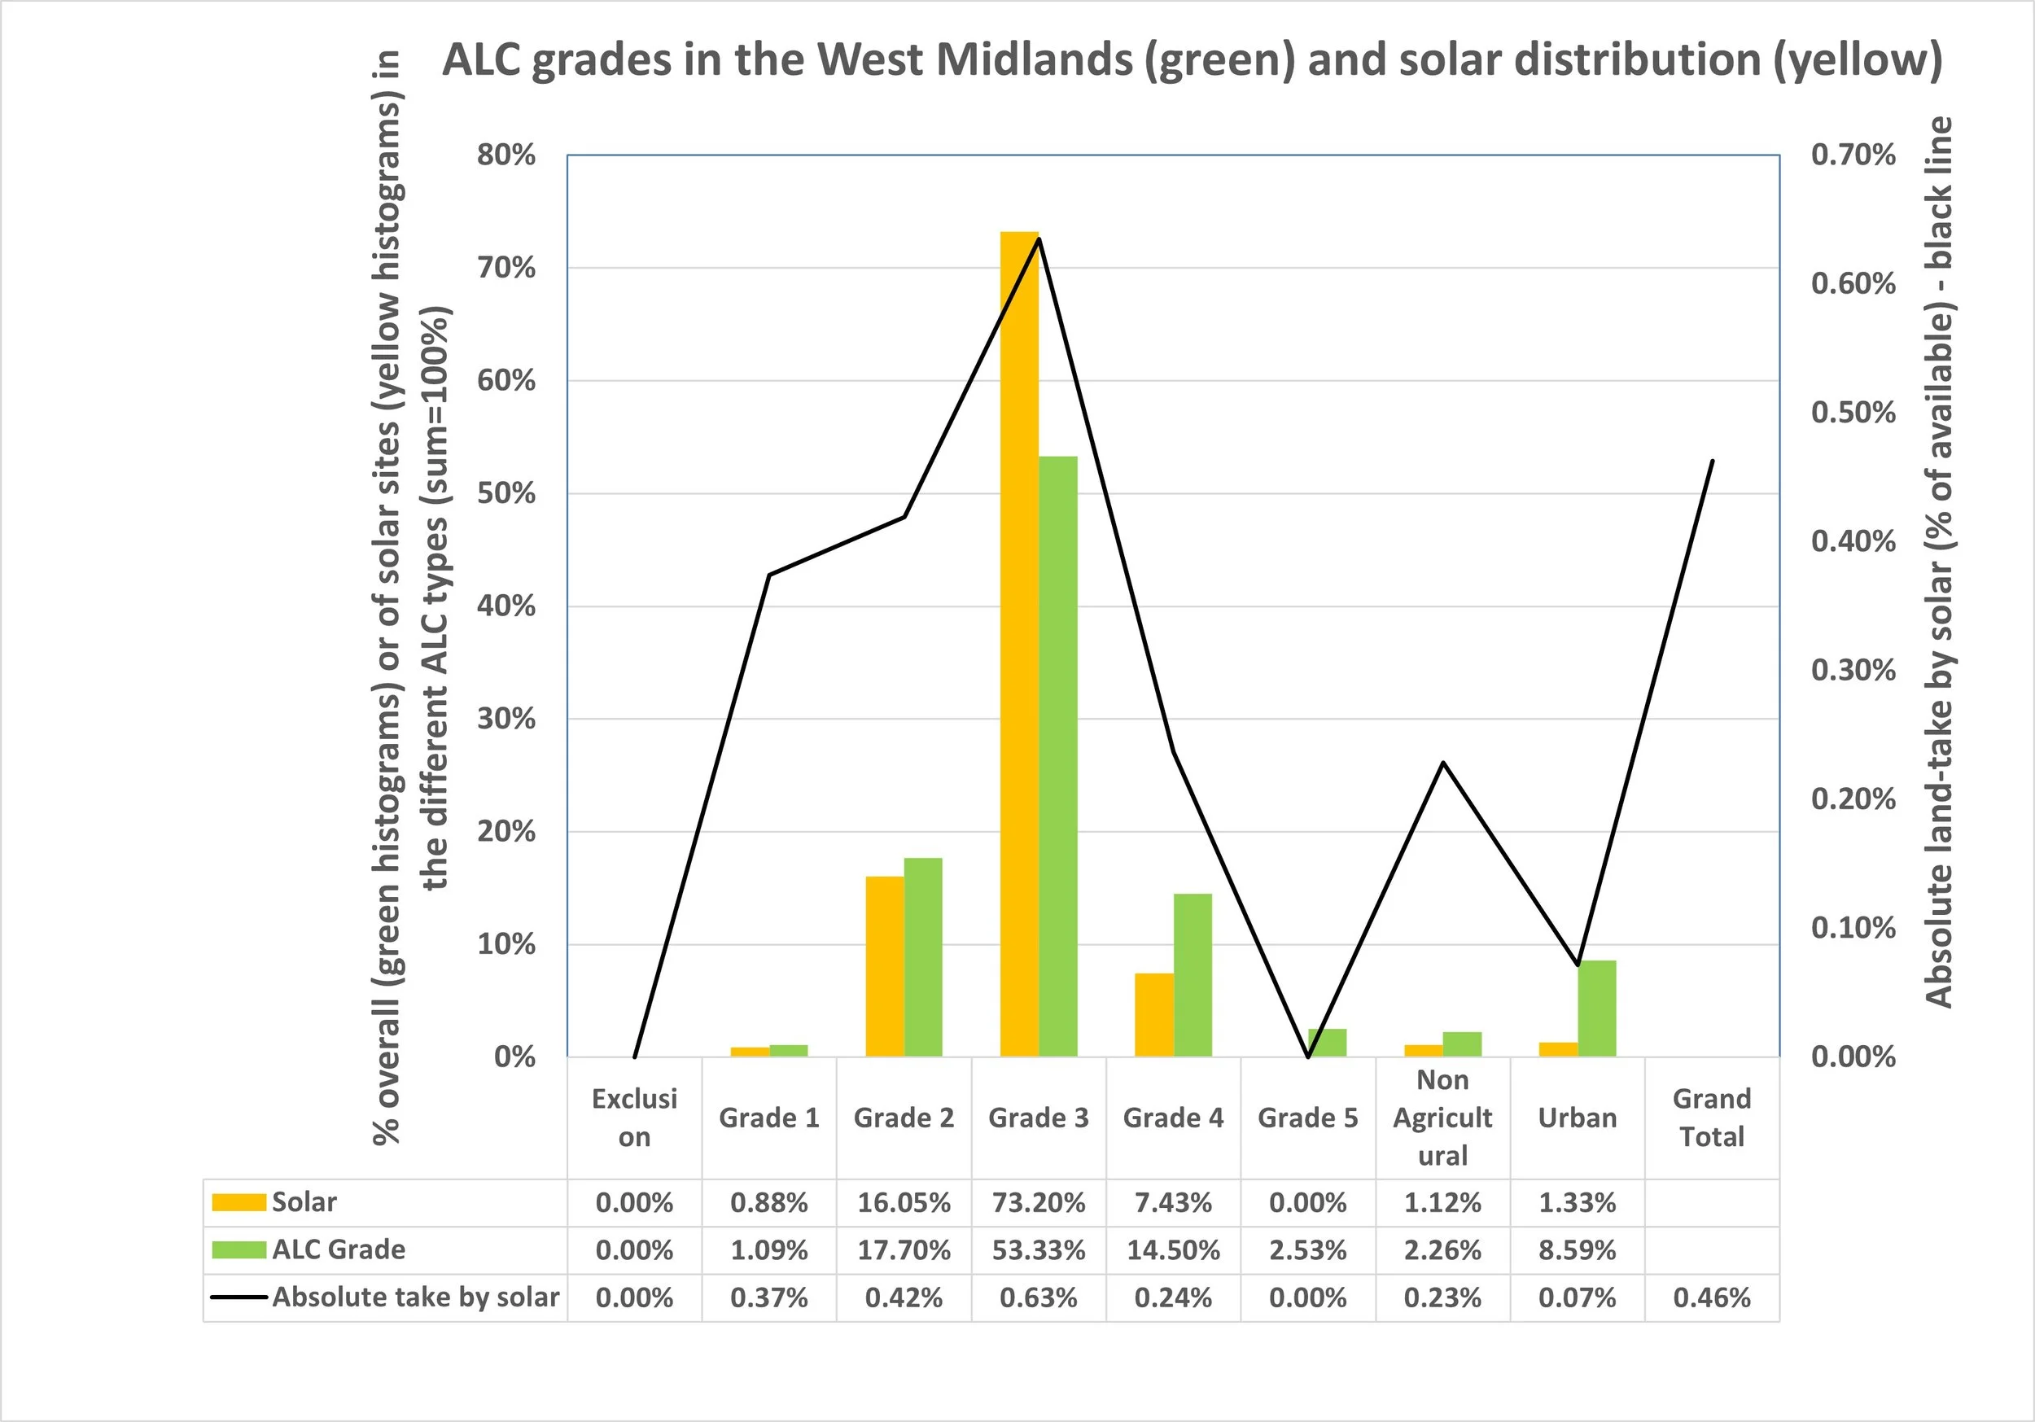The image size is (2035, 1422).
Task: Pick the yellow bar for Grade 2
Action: point(885,966)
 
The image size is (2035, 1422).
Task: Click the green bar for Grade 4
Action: point(1193,975)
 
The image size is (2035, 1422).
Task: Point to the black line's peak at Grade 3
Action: point(1039,238)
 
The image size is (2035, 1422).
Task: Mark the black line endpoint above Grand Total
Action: point(1713,461)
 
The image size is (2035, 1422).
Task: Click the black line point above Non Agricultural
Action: point(1443,763)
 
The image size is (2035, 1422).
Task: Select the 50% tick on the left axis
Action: point(506,494)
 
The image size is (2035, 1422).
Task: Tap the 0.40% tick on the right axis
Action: point(1853,541)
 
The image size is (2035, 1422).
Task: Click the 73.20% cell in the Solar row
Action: point(1039,1203)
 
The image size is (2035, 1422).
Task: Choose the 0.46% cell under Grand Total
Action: point(1713,1298)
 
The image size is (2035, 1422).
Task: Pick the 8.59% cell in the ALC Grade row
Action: point(1578,1251)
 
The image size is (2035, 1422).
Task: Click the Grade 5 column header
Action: point(1308,1118)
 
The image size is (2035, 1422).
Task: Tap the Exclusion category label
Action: point(635,1118)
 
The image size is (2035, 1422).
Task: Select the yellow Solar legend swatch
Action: point(239,1203)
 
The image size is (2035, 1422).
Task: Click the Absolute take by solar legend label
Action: point(416,1297)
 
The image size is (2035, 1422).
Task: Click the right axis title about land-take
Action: point(1938,563)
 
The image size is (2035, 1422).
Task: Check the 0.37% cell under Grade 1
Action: point(769,1298)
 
